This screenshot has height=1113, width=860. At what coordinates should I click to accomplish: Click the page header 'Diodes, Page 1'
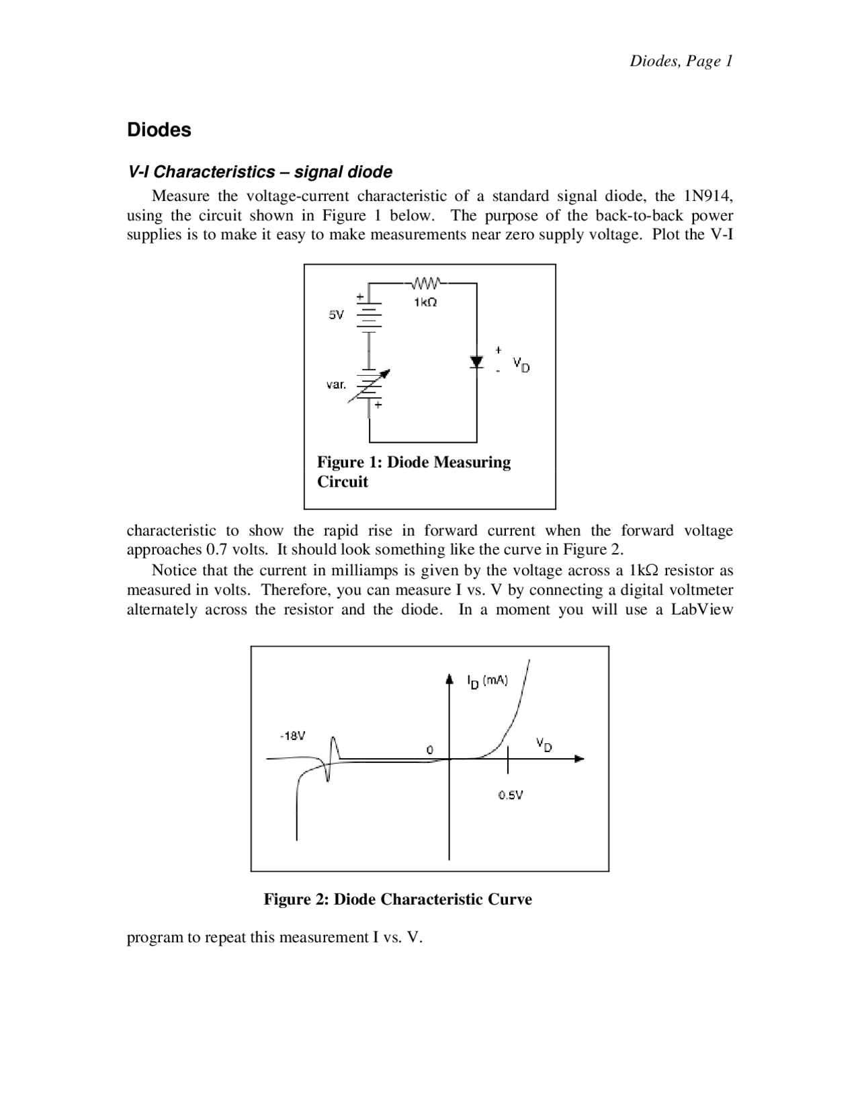(x=681, y=61)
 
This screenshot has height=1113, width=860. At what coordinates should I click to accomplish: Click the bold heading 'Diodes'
(x=159, y=130)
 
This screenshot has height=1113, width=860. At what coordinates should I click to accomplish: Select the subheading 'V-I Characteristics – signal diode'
(x=260, y=172)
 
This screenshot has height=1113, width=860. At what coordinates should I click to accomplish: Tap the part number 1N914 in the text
(x=707, y=196)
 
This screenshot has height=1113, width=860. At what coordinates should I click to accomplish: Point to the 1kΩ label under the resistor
(x=425, y=303)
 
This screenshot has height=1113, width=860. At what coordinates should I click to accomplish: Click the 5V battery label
(x=336, y=315)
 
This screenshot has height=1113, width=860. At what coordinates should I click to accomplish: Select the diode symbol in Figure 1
(x=477, y=362)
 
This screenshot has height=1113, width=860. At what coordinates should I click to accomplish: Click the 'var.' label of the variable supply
(x=336, y=385)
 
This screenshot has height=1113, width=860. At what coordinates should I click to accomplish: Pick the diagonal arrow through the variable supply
(x=369, y=385)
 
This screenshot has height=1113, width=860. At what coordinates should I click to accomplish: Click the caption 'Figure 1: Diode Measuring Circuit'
(x=413, y=472)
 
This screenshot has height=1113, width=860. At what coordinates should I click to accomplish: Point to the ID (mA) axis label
(x=487, y=681)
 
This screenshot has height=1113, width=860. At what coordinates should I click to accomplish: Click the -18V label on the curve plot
(x=292, y=736)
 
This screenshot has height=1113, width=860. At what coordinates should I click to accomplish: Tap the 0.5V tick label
(x=511, y=795)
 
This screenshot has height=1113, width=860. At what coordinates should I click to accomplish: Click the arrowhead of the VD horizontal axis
(x=579, y=759)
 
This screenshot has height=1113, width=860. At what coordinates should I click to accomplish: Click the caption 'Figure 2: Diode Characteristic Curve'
(x=398, y=899)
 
